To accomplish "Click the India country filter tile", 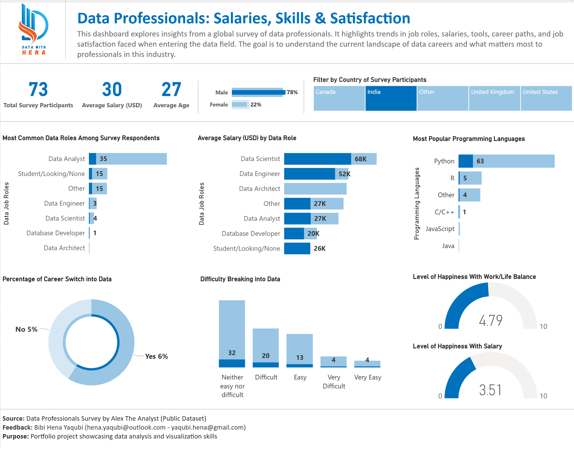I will (x=391, y=98).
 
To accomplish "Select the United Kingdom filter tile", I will (x=494, y=98).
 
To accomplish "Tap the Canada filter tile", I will (x=339, y=98).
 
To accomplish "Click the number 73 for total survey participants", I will (x=38, y=89).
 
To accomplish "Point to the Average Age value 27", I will (x=171, y=89).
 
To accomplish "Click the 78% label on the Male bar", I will (x=292, y=92).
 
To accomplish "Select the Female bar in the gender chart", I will (x=240, y=105).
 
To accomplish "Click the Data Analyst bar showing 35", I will (x=128, y=159).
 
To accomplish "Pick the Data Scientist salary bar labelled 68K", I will (x=330, y=159).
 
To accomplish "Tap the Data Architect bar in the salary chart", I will (x=315, y=189).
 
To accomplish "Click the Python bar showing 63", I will (x=506, y=161).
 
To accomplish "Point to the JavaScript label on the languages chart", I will (x=440, y=229).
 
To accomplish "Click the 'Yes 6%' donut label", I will (x=156, y=356).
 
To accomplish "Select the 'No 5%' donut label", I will (x=26, y=329).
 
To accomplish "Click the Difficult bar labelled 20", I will (x=266, y=347).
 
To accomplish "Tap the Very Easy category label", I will (x=367, y=377).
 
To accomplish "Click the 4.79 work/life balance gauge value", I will (x=490, y=320).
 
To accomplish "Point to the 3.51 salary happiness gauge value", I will (x=490, y=390).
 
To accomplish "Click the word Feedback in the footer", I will (x=17, y=427).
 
